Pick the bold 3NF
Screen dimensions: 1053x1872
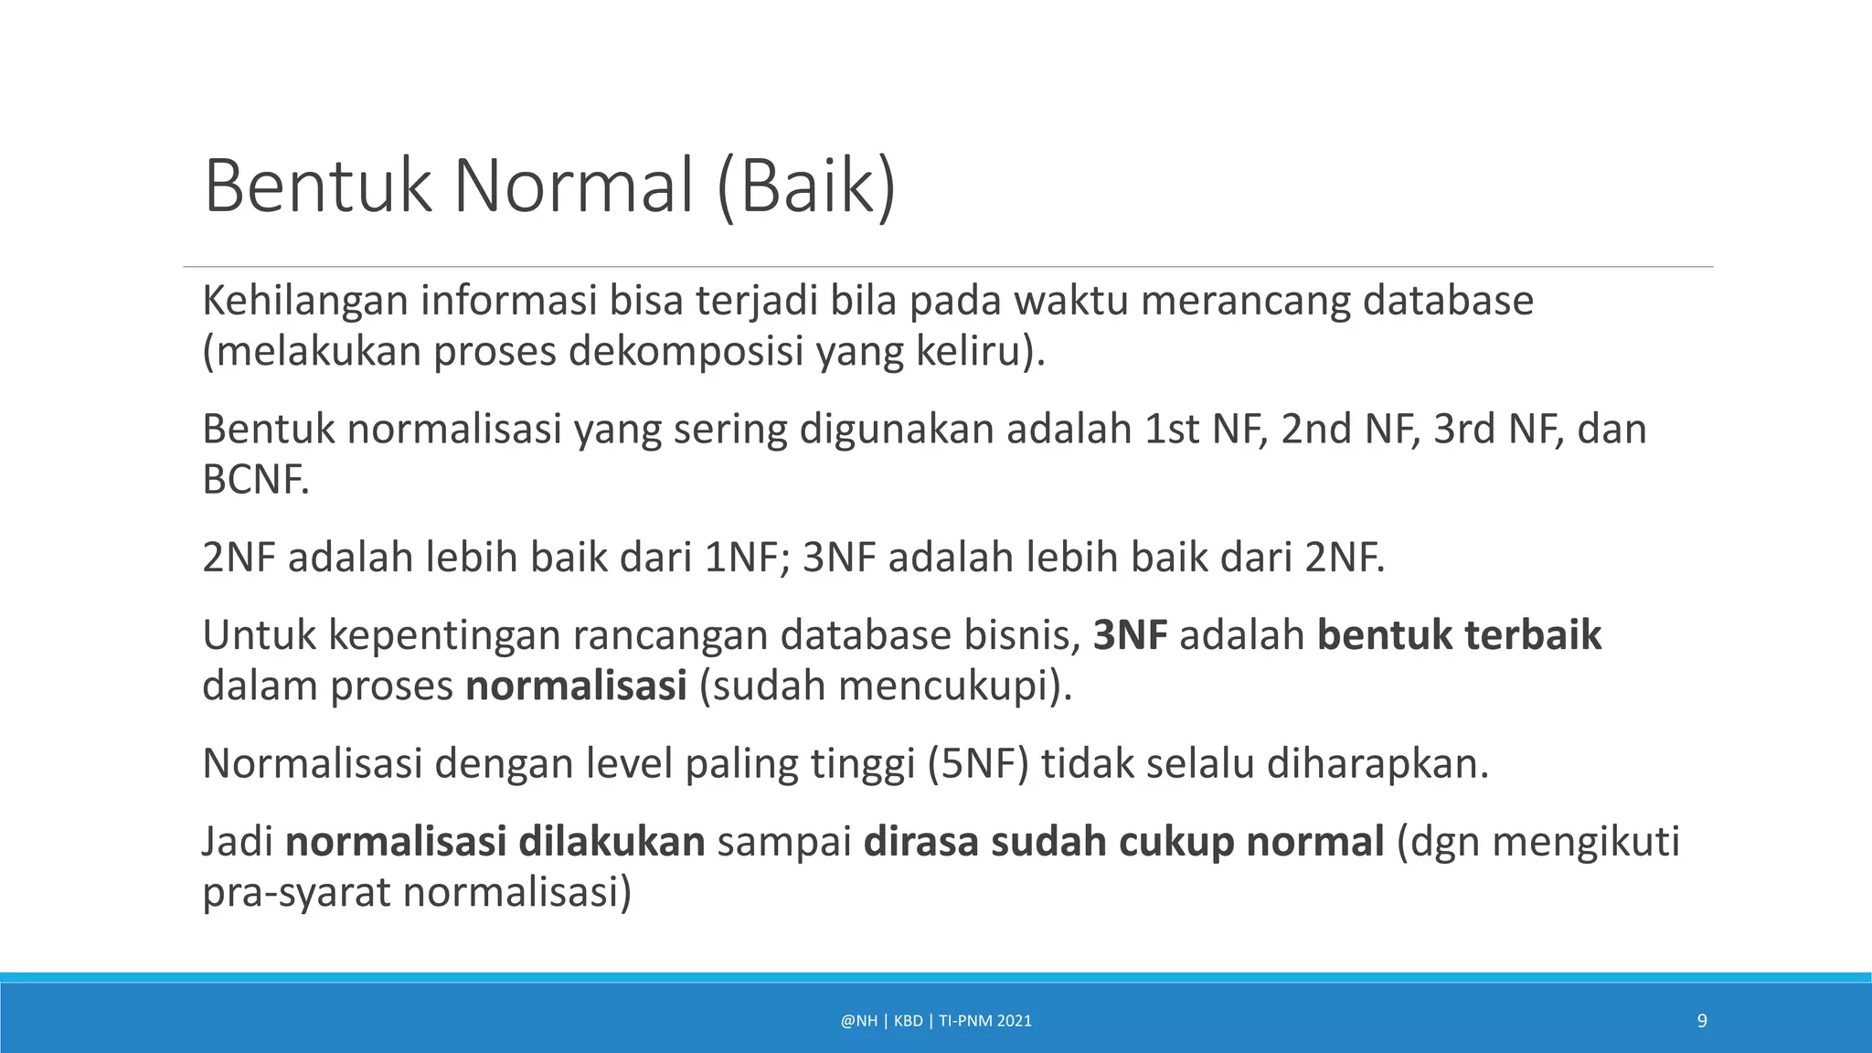(1130, 635)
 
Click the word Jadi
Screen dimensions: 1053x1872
(238, 842)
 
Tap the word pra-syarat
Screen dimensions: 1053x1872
(296, 893)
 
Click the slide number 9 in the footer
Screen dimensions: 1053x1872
(1702, 1021)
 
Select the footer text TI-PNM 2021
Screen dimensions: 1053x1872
(984, 1021)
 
